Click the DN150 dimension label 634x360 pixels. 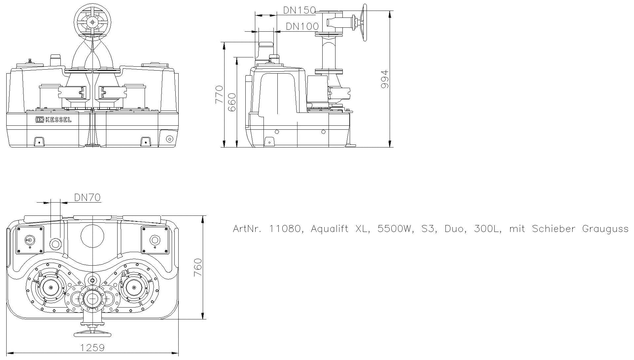[299, 10]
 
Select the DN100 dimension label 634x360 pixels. [302, 26]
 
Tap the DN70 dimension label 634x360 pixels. [87, 197]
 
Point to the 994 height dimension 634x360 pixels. [385, 79]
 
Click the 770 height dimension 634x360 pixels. [219, 94]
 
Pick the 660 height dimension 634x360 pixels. [232, 102]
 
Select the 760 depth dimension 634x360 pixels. [197, 268]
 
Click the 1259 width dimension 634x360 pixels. [92, 348]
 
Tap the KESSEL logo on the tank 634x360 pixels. [53, 119]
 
